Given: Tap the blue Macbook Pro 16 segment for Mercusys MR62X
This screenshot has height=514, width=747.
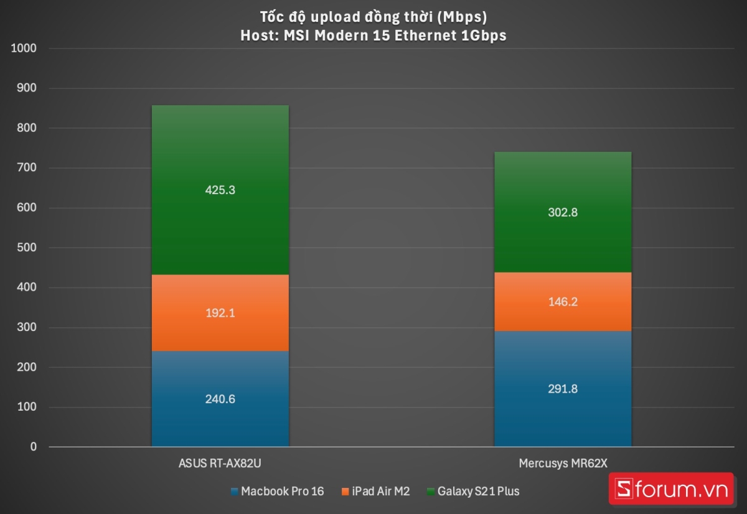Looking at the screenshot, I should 562,417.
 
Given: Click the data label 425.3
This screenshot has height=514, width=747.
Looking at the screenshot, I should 220,190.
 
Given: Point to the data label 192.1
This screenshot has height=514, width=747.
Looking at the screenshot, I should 220,314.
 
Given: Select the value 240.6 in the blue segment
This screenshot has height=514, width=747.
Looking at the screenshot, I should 220,399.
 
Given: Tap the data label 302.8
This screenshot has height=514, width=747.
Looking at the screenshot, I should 562,212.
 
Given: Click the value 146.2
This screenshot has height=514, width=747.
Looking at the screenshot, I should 562,302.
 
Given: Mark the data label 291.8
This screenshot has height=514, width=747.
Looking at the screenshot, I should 562,389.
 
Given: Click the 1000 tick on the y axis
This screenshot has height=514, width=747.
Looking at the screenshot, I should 24,49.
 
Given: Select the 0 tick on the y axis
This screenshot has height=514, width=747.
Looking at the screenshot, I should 33,447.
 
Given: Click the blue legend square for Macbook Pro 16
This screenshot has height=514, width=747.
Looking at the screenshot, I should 234,492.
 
